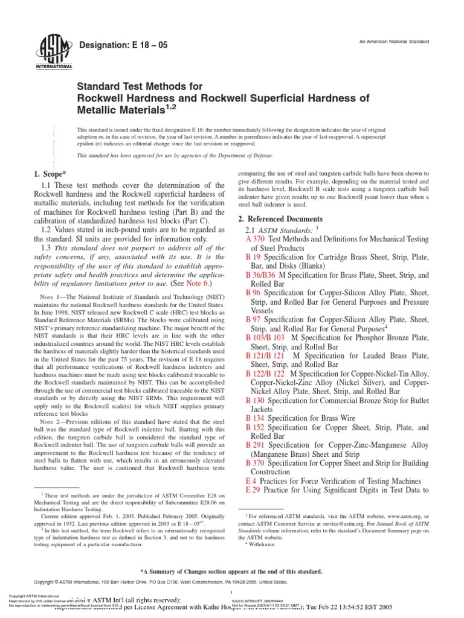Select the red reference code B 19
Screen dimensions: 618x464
[x=252, y=257]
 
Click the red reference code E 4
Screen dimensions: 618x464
[x=251, y=480]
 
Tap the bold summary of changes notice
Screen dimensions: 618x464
[x=232, y=571]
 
